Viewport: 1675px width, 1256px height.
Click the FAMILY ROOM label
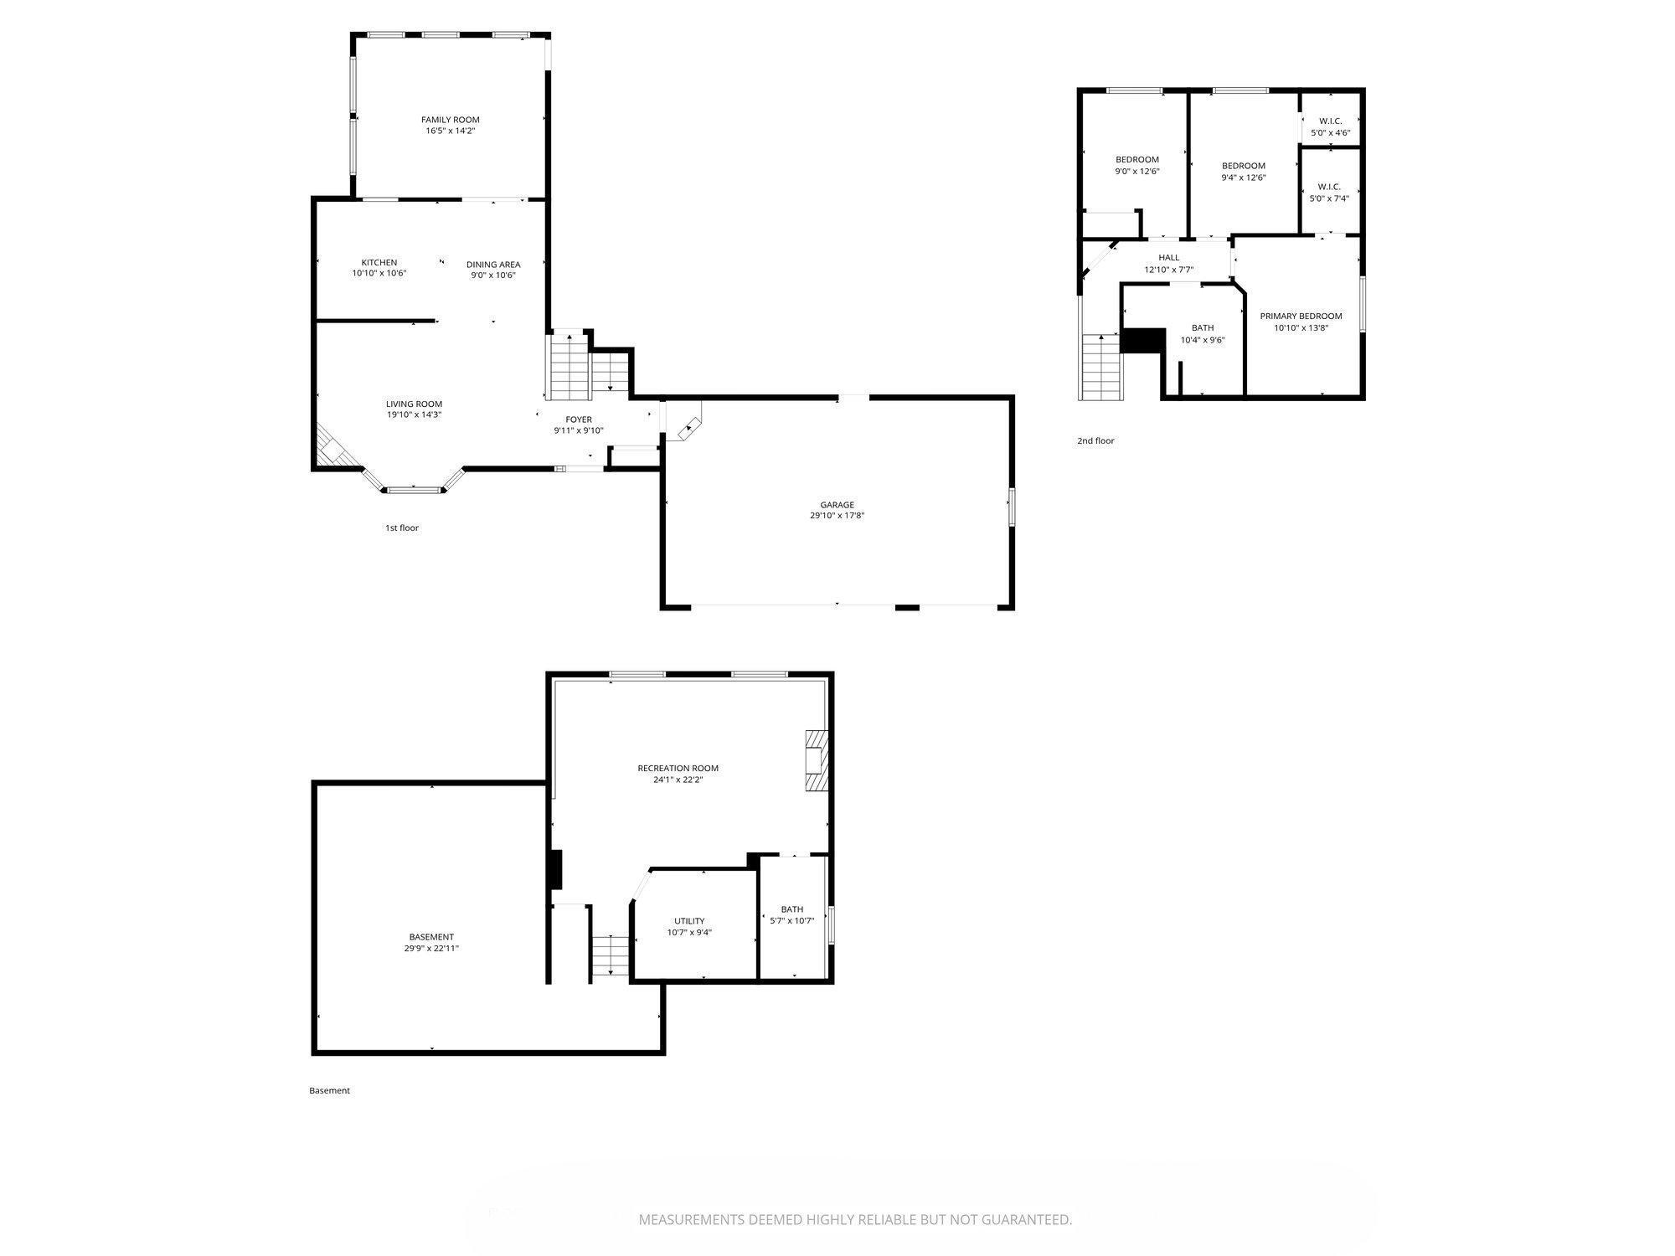click(450, 120)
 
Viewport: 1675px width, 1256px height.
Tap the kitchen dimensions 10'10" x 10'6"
click(379, 273)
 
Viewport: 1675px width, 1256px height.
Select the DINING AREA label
click(492, 265)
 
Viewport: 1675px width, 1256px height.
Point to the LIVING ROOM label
click(414, 404)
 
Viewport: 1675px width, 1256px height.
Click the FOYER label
click(578, 420)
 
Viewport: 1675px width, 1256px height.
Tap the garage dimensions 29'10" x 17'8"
click(837, 516)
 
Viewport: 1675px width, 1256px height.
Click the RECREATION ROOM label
click(678, 768)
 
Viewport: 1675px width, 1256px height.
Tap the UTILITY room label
click(689, 921)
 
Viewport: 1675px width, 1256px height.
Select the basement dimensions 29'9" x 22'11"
click(430, 949)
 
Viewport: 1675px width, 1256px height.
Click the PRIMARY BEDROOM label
click(1301, 316)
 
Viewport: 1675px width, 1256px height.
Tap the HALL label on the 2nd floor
click(1168, 258)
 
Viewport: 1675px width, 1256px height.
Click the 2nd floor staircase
click(1100, 367)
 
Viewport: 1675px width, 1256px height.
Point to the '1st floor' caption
click(401, 528)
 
